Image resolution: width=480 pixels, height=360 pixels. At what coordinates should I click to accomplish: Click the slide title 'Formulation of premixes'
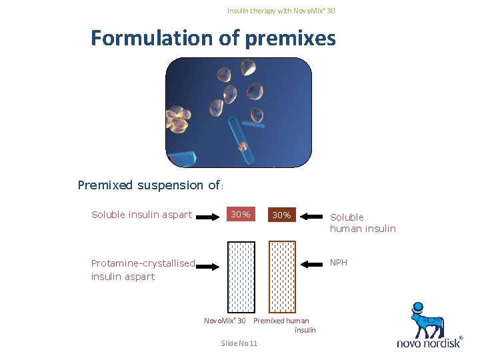213,38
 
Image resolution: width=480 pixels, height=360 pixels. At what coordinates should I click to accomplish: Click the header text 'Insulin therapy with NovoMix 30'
281,11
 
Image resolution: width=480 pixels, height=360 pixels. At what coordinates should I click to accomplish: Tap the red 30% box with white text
240,215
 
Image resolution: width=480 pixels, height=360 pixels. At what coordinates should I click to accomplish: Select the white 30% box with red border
281,215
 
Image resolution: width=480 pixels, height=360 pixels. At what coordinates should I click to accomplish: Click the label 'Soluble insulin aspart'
141,215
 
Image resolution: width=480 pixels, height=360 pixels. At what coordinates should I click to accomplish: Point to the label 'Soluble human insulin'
363,223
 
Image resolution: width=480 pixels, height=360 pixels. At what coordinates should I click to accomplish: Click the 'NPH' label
339,263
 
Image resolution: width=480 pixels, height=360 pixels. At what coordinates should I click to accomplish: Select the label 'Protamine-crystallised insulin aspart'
143,270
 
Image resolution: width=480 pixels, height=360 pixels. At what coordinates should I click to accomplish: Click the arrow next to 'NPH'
311,265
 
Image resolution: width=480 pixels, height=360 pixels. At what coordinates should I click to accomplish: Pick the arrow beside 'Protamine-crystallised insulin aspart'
209,266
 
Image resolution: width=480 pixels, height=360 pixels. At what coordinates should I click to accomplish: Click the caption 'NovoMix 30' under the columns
225,321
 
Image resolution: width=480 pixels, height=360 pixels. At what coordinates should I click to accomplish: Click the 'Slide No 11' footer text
239,343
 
